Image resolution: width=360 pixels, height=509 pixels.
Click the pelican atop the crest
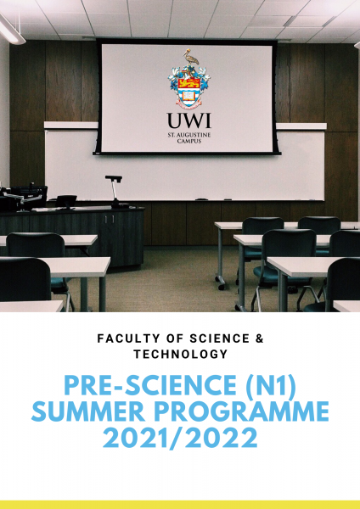pos(190,59)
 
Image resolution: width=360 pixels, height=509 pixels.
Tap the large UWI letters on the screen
pos(189,120)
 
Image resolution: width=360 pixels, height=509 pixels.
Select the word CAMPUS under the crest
pos(189,141)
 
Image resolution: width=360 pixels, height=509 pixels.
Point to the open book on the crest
pos(189,95)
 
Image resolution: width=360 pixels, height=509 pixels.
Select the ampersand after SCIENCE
pos(259,338)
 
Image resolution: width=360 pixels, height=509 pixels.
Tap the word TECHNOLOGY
pos(181,354)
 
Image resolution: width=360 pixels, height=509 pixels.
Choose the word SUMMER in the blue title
pos(88,411)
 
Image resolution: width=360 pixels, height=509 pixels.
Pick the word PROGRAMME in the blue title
pos(242,411)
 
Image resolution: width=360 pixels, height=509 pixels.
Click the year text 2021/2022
pos(180,438)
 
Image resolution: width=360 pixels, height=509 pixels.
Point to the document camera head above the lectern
pos(114,178)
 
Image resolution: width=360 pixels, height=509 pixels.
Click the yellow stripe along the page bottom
pos(180,505)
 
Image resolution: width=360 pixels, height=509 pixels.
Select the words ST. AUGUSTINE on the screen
pos(189,135)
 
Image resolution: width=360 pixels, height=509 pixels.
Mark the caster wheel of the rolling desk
pos(222,287)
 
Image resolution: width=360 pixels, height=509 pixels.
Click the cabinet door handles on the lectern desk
pos(110,219)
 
